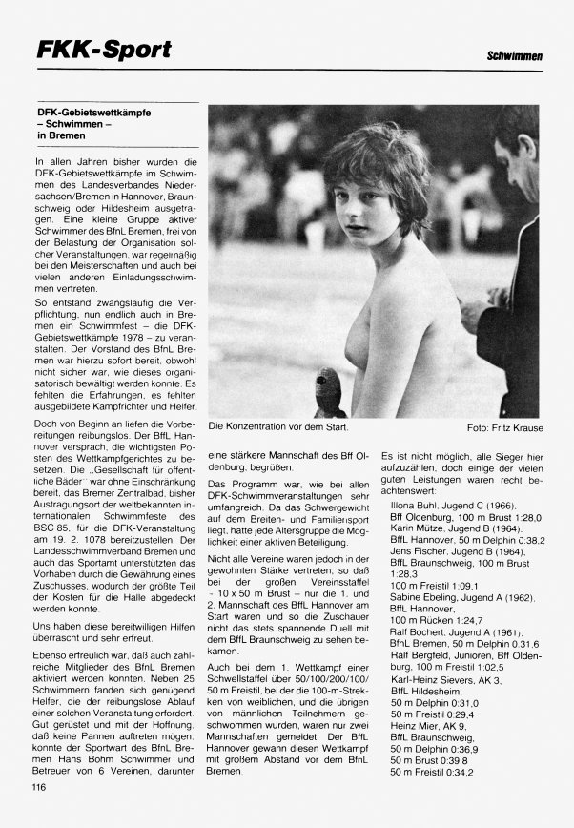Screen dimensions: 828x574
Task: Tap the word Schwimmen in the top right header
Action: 515,59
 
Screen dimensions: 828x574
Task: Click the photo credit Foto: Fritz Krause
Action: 504,427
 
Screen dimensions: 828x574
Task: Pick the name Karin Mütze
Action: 421,527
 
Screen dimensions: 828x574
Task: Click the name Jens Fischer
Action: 420,551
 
